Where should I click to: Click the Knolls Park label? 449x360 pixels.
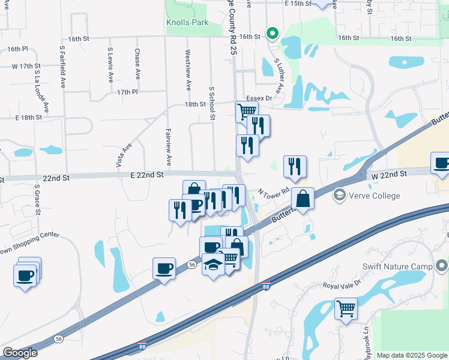tap(187, 23)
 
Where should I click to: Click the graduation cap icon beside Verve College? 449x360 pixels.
tap(340, 194)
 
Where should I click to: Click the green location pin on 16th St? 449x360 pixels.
tap(272, 34)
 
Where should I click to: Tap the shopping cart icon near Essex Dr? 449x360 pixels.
tap(246, 111)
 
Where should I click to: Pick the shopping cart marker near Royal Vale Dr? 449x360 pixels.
tap(346, 309)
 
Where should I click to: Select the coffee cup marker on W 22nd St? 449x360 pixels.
tap(441, 163)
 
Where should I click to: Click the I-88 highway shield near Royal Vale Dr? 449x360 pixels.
tap(267, 288)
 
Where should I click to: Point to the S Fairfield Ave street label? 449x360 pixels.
tap(62, 66)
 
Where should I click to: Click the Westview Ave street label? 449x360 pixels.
tap(188, 70)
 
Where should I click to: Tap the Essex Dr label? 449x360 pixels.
tap(259, 98)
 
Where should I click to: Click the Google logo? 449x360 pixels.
tap(20, 353)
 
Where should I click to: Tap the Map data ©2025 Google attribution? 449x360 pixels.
tap(411, 355)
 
